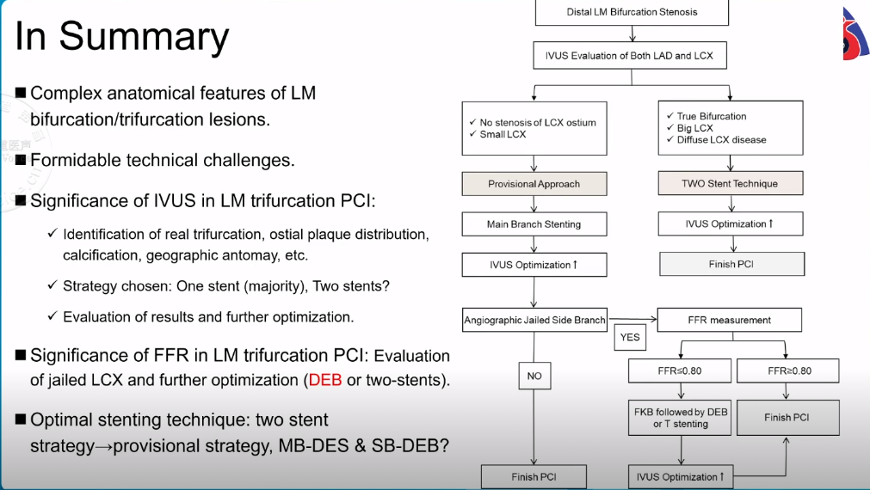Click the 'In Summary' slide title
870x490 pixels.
(x=122, y=36)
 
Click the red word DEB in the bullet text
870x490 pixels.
(x=325, y=380)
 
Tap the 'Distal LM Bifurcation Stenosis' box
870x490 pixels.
(x=632, y=12)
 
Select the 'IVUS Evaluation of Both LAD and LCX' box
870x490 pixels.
(x=632, y=56)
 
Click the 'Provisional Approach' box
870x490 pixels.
(x=534, y=184)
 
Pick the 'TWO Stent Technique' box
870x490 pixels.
(x=730, y=183)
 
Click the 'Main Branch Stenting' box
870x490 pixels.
(x=534, y=224)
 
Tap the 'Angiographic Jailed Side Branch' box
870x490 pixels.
(x=534, y=320)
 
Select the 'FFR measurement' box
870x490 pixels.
(x=729, y=320)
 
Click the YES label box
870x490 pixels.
(x=630, y=338)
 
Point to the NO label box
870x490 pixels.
(x=534, y=375)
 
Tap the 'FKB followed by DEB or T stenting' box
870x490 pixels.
(x=681, y=418)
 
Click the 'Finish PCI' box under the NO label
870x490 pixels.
(x=534, y=476)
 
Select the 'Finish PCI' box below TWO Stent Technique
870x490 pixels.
(x=731, y=264)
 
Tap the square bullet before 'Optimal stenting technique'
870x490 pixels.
(x=21, y=420)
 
